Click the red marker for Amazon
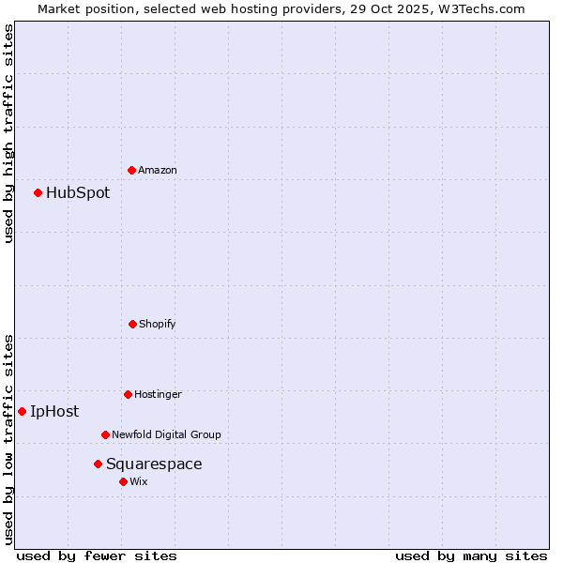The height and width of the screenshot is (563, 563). pyautogui.click(x=131, y=170)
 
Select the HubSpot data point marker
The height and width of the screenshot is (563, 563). pyautogui.click(x=38, y=192)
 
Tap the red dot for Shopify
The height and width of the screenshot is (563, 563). pyautogui.click(x=132, y=324)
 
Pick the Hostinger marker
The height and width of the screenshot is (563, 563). pyautogui.click(x=128, y=394)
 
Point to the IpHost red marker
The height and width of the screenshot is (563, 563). pyautogui.click(x=22, y=411)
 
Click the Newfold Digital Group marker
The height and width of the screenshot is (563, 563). pyautogui.click(x=105, y=434)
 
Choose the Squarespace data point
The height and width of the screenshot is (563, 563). pyautogui.click(x=98, y=464)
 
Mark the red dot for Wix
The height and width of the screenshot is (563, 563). pyautogui.click(x=123, y=481)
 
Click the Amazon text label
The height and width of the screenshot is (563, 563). pyautogui.click(x=158, y=170)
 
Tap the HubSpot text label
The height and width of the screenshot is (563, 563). pyautogui.click(x=78, y=193)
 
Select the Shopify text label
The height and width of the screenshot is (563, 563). pyautogui.click(x=158, y=324)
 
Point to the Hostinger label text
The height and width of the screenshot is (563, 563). pyautogui.click(x=158, y=394)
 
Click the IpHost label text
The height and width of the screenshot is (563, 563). pyautogui.click(x=54, y=411)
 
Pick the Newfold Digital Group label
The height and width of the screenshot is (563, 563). pyautogui.click(x=166, y=434)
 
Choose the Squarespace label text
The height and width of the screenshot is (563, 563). pyautogui.click(x=154, y=464)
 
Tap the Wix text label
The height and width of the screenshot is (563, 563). pyautogui.click(x=139, y=481)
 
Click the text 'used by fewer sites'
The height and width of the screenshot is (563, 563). pyautogui.click(x=97, y=555)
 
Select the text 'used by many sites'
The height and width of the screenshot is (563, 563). pyautogui.click(x=471, y=555)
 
